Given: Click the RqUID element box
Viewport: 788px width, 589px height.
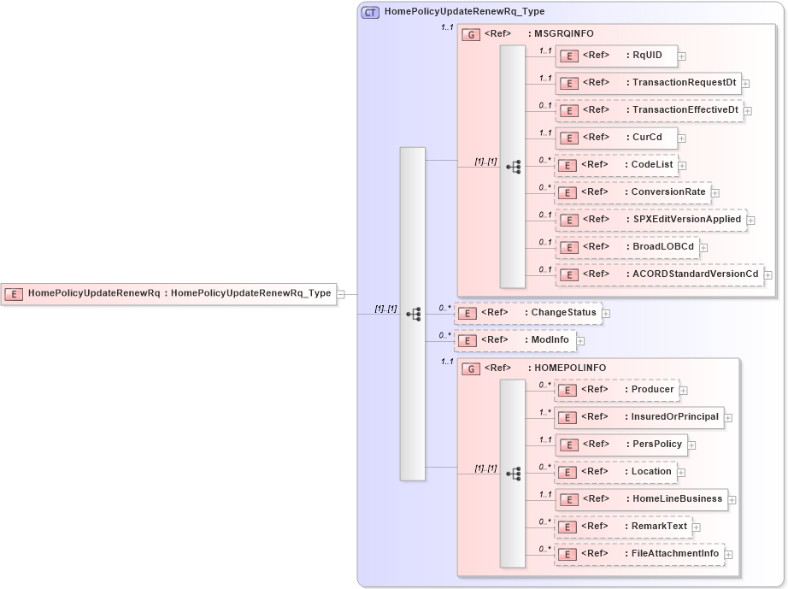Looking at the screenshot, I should (616, 56).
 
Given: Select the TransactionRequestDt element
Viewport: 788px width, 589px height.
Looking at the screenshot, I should (648, 84).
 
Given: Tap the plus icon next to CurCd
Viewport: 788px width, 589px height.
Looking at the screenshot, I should (681, 138).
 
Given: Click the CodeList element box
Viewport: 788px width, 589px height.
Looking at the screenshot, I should (615, 165).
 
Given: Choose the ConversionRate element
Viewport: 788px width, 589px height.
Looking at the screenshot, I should (632, 192).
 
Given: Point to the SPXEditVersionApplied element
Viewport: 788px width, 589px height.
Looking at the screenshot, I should (650, 220).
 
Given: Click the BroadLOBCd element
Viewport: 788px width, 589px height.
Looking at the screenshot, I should (626, 247).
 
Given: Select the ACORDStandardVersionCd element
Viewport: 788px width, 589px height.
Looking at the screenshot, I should (659, 274).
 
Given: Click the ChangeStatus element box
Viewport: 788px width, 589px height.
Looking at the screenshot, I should (527, 313).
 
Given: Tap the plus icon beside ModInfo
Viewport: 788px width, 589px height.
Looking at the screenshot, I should (580, 341).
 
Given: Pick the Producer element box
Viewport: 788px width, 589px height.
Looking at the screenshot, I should (616, 390).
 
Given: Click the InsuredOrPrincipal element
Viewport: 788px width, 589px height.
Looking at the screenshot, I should (638, 417).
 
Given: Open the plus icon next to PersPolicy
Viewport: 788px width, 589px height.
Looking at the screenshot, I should (691, 445).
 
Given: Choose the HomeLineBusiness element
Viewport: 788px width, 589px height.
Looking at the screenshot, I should (641, 499).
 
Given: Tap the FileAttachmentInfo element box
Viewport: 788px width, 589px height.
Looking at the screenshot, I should (638, 554).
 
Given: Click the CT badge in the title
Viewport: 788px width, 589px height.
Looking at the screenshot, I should (370, 13).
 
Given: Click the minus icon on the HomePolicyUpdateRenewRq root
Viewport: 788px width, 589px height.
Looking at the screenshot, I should (340, 294).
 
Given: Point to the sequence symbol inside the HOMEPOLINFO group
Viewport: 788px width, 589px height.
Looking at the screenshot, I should (514, 473).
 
